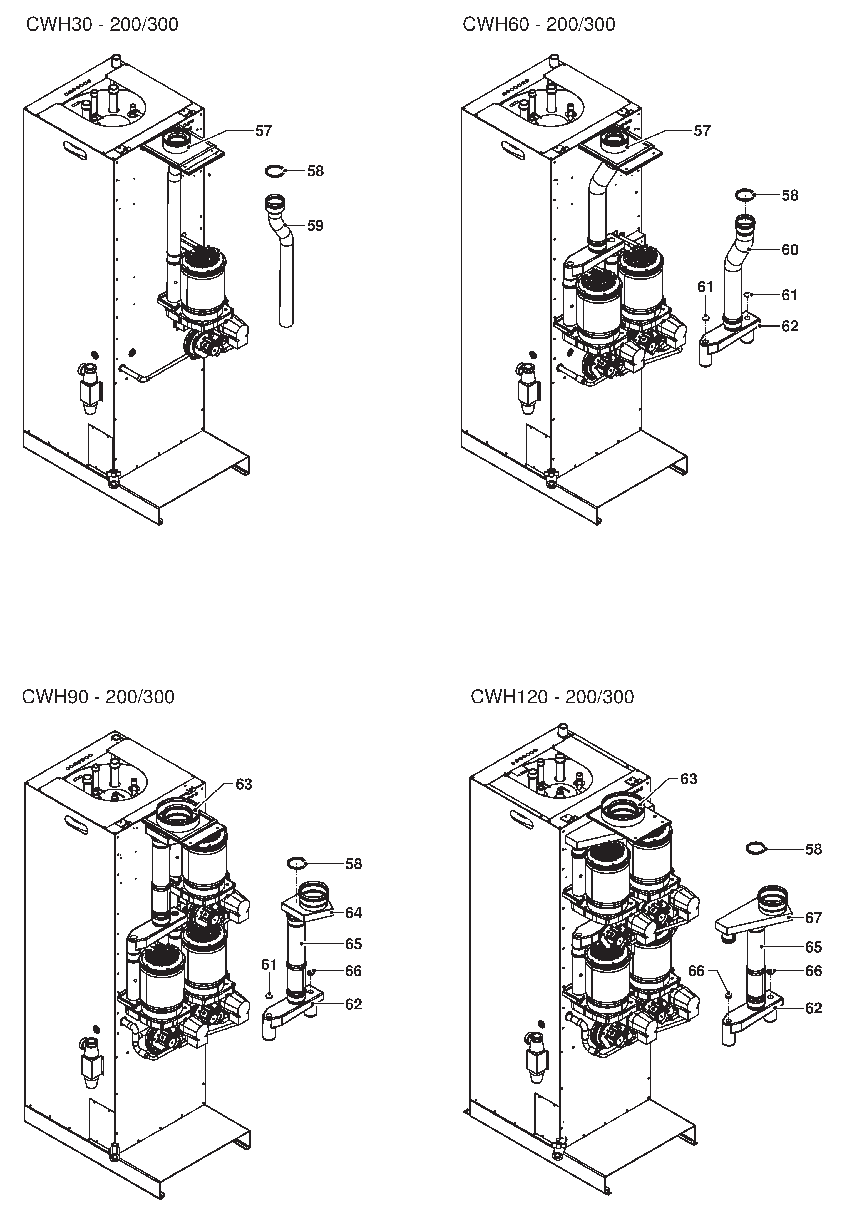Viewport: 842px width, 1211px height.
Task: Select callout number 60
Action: [x=790, y=250]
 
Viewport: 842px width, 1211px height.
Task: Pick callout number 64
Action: [x=354, y=913]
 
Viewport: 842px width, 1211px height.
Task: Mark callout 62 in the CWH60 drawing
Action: [x=790, y=327]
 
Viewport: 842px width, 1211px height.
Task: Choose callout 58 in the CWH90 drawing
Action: [x=354, y=864]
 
